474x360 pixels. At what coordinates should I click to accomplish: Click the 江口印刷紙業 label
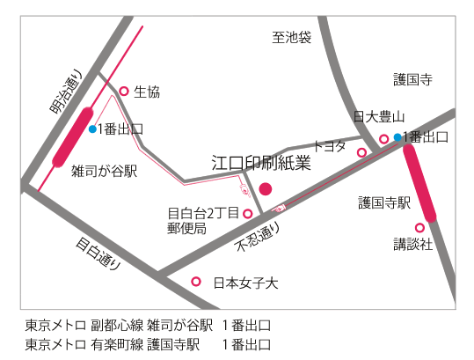pos(261,163)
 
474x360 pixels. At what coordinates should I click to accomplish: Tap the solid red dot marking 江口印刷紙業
pos(266,189)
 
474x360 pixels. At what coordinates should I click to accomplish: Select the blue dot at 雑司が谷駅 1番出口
pos(92,129)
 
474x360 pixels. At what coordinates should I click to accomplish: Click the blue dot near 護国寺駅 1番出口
pos(397,137)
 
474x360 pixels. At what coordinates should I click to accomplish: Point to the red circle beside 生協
pos(124,91)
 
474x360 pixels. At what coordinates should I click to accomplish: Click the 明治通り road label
pos(66,92)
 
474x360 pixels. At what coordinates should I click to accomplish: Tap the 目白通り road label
pos(98,253)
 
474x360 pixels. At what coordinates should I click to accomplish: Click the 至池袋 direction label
pos(291,38)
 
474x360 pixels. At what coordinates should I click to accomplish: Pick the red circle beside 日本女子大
pos(196,282)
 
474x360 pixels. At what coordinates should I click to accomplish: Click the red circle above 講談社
pos(419,227)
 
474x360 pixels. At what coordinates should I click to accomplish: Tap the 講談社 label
pos(413,244)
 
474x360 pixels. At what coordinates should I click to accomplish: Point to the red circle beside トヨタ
pos(361,152)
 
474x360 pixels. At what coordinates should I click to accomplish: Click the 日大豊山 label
pos(379,117)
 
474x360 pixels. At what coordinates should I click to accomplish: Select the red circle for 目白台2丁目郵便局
pos(248,214)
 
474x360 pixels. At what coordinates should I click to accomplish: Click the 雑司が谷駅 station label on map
pos(105,171)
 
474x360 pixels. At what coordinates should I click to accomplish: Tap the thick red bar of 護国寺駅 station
pos(419,183)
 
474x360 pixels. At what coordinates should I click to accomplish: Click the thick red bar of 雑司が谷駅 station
pos(72,137)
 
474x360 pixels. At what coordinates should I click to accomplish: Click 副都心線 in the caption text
pos(117,325)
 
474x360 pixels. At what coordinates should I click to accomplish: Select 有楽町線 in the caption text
pos(117,344)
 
